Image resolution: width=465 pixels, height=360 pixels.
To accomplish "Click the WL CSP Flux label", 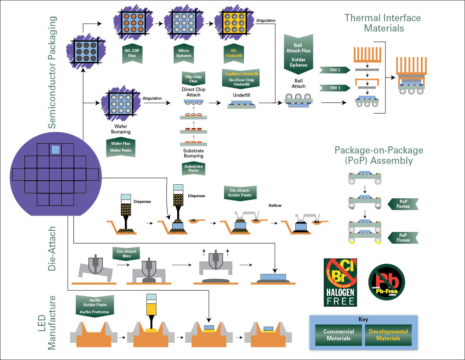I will pos(132,53).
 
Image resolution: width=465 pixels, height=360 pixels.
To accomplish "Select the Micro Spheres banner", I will pos(184,53).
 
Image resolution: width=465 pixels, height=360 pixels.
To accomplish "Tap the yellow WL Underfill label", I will pos(234,53).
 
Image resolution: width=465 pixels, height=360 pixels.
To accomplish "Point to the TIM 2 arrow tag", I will pos(335,70).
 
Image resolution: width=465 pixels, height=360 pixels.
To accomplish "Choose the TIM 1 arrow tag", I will pos(335,88).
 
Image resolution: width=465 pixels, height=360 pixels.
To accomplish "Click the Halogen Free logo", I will pos(340,283).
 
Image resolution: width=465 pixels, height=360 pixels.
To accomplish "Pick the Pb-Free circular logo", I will pos(386,282).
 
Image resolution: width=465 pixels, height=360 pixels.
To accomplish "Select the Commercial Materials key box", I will pos(338,335).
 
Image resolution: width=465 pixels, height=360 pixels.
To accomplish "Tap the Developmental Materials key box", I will pos(388,335).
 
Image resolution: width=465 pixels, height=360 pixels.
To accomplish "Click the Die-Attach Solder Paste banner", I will pos(240,193).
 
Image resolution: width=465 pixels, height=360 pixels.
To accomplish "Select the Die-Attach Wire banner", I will pos(126,254).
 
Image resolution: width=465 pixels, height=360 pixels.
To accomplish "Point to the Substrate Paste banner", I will pos(193,169).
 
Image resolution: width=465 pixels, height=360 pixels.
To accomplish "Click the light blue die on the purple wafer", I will pos(55,150).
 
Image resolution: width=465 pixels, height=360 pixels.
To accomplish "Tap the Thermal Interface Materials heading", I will pos(383,23).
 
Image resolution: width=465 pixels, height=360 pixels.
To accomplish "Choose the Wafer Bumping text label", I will pos(121,129).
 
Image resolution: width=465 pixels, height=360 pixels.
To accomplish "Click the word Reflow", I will pos(275,205).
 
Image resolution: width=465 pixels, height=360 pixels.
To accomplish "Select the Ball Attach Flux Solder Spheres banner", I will pos(298,55).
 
